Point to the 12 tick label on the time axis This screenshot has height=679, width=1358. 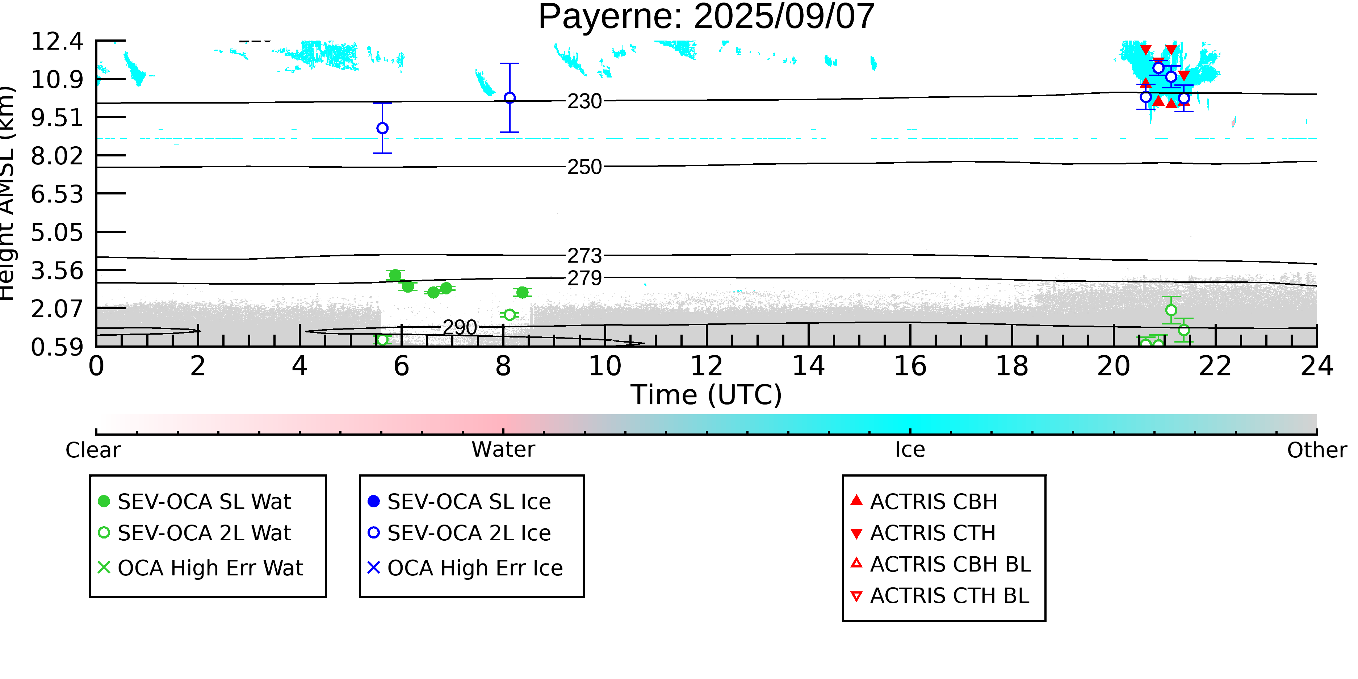pyautogui.click(x=707, y=366)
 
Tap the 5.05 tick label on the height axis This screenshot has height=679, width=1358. pyautogui.click(x=57, y=232)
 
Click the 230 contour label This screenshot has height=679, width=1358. pyautogui.click(x=584, y=101)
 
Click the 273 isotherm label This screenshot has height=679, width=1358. pyautogui.click(x=584, y=256)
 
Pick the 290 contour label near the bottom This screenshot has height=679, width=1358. pyautogui.click(x=460, y=327)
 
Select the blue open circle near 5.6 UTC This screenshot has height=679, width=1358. pyautogui.click(x=383, y=128)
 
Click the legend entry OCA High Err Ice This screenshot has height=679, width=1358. pyautogui.click(x=465, y=568)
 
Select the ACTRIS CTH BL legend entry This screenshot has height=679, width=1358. pyautogui.click(x=940, y=596)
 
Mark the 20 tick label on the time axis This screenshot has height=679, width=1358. pyautogui.click(x=1114, y=366)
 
